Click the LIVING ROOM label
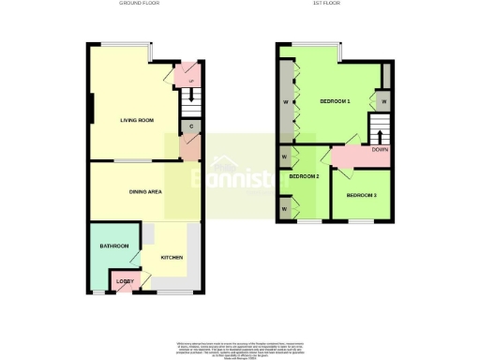click(x=137, y=120)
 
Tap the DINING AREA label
click(x=146, y=192)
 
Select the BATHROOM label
click(x=114, y=246)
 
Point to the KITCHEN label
click(x=170, y=258)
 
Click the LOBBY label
click(x=123, y=281)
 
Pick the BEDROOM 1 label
click(x=335, y=101)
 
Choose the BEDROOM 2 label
click(x=304, y=176)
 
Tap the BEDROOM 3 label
click(x=362, y=195)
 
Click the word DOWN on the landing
click(x=380, y=150)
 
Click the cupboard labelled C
click(x=190, y=126)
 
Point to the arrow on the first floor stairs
click(x=379, y=127)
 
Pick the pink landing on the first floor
click(x=356, y=156)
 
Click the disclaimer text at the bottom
click(x=240, y=349)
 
